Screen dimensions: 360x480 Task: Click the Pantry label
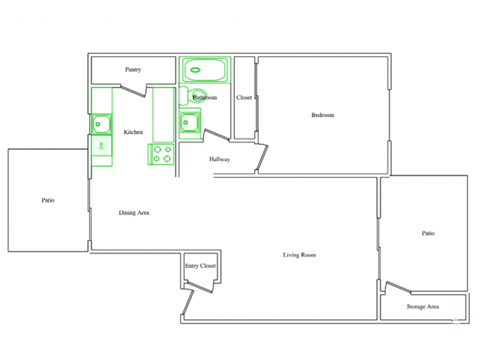pos(132,70)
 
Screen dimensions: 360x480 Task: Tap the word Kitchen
pos(133,132)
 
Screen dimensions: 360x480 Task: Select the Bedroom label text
pos(322,116)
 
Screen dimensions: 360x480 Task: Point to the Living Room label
pos(299,256)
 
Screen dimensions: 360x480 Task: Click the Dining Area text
pos(134,212)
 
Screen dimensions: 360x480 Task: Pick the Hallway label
pos(220,160)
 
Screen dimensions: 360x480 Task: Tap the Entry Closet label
pos(200,266)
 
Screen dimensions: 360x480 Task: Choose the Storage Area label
pos(422,306)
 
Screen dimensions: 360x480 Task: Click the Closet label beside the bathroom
pos(244,98)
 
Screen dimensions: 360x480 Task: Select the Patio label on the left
pos(48,200)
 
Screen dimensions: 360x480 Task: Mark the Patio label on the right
pos(427,233)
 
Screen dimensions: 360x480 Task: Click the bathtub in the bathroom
pos(205,71)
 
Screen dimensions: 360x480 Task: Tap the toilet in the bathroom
pos(199,97)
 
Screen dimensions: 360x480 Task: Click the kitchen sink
pos(101,124)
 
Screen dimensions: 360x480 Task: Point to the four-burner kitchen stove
pos(162,154)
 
